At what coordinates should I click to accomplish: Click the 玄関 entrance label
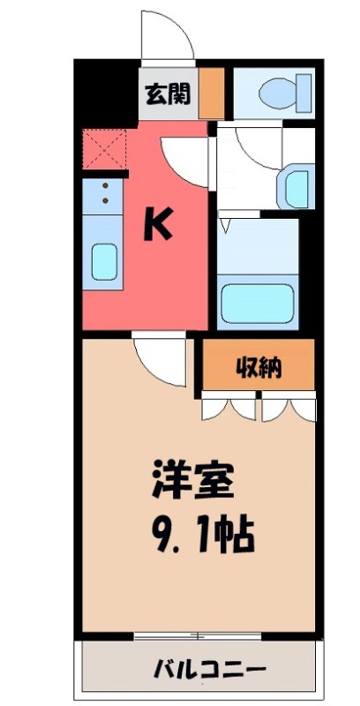coord(168,94)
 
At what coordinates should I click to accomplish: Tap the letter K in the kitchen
coord(157,227)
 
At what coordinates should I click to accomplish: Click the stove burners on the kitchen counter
coord(105,193)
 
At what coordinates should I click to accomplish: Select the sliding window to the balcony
coord(199,636)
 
